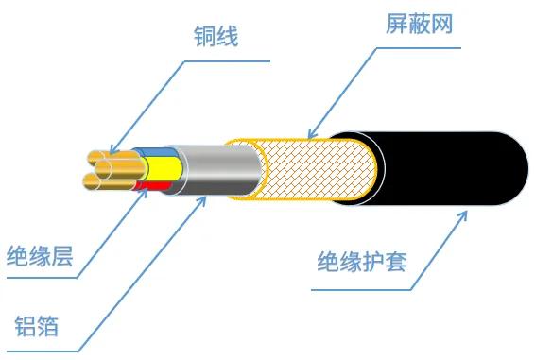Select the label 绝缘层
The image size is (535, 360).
click(x=39, y=256)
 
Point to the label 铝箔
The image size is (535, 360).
click(x=38, y=326)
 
